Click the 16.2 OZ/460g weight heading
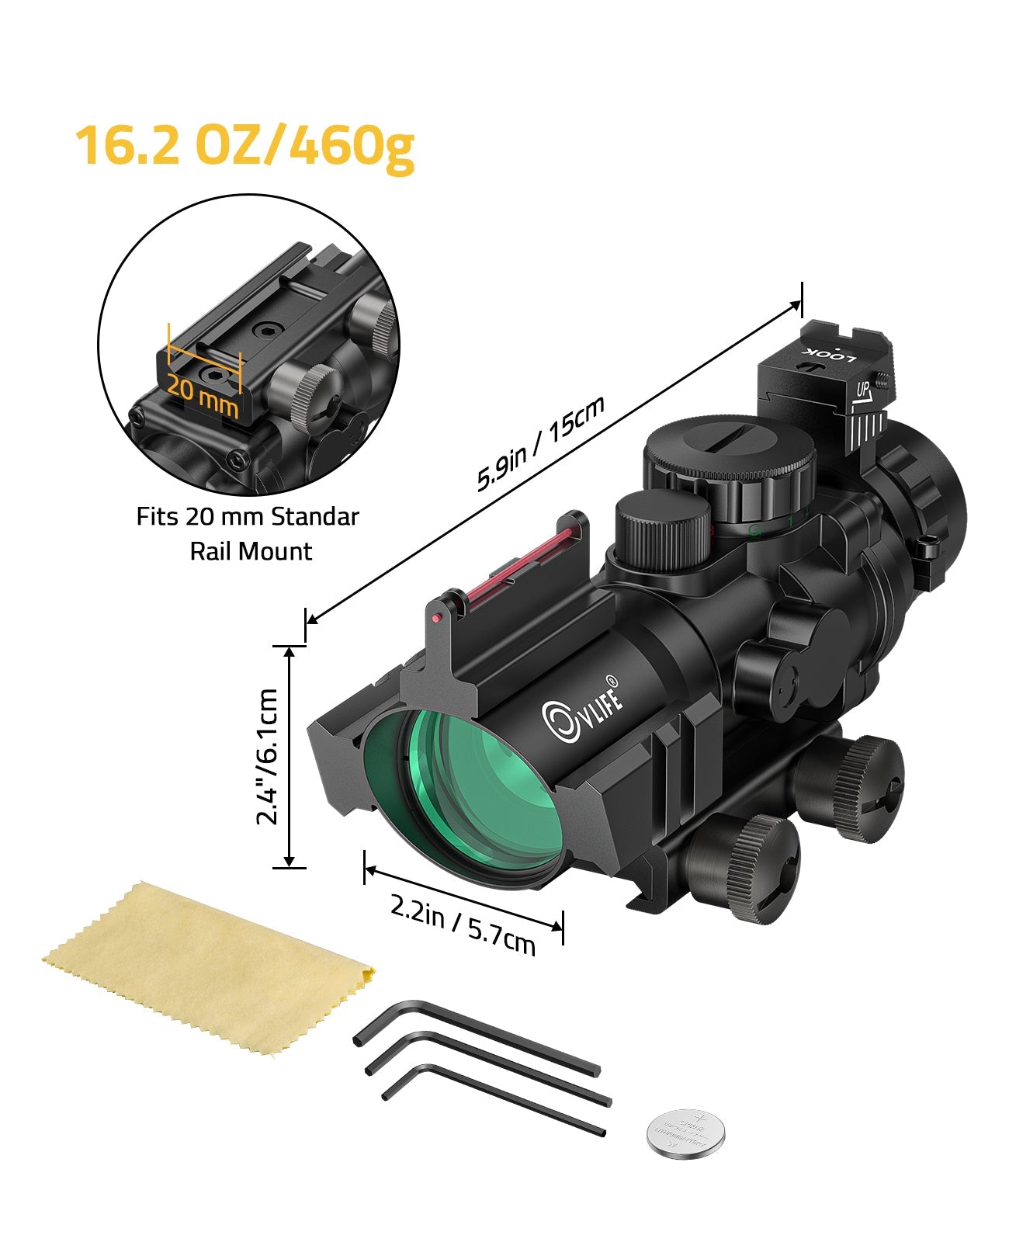click(x=244, y=145)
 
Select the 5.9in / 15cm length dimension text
click(x=541, y=444)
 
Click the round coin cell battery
click(x=686, y=1134)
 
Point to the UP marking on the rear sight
click(x=863, y=389)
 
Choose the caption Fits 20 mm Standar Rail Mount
click(x=248, y=534)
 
